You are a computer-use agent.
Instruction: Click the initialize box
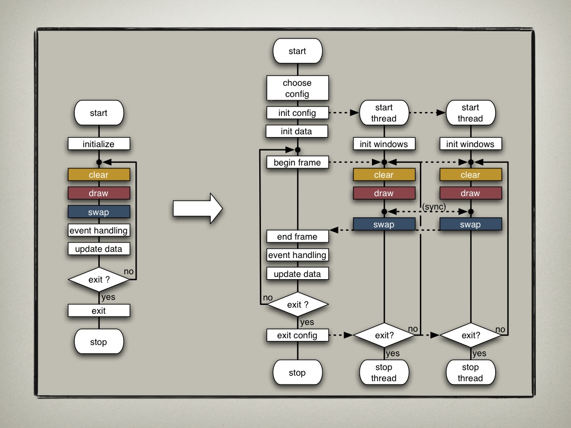coord(99,144)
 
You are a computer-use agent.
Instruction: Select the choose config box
coord(297,89)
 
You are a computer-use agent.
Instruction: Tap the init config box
coord(297,113)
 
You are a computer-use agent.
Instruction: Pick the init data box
coord(297,132)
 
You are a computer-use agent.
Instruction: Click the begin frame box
coord(297,163)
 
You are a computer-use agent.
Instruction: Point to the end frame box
coord(297,237)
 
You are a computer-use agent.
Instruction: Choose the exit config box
coord(297,335)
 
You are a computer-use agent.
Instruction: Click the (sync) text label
coord(434,207)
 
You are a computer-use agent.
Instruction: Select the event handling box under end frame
coord(297,255)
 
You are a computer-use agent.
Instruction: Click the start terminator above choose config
coord(297,51)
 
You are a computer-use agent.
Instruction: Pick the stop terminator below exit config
coord(297,373)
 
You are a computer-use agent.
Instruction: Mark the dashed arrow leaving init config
coord(342,113)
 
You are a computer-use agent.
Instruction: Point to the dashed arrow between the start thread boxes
coord(427,113)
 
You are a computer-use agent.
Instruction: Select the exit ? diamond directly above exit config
coord(297,305)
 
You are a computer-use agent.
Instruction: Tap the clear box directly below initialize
coord(99,175)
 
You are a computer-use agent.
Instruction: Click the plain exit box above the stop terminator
coord(99,311)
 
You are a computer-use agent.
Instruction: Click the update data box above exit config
coord(297,274)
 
